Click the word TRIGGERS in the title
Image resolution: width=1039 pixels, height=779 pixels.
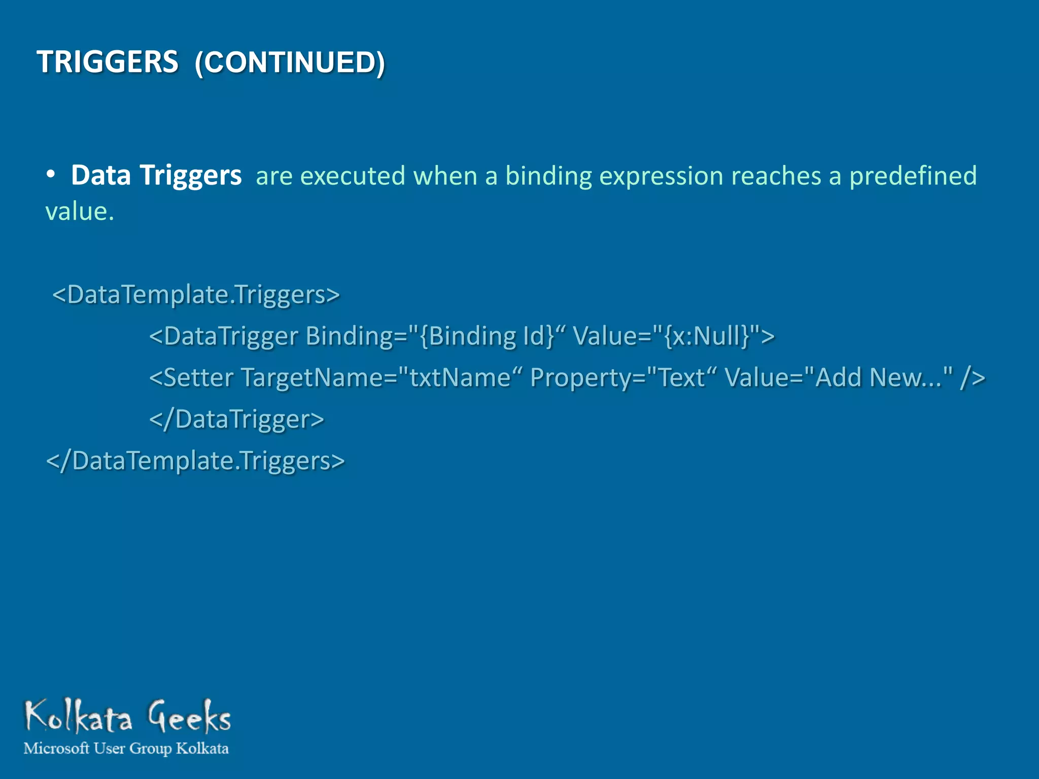108,62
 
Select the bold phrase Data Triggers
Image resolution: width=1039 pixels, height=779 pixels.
156,175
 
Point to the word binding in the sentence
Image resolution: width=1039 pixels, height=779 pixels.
548,176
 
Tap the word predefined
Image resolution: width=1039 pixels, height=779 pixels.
913,176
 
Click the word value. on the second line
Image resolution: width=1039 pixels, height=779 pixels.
79,211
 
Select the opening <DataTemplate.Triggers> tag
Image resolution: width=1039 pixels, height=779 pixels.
196,294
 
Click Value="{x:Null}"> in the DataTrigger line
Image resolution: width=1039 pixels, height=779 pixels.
673,336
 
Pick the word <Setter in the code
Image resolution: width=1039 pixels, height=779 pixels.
191,377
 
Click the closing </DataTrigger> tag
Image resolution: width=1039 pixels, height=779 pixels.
236,419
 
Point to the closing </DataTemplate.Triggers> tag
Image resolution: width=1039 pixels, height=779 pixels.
195,461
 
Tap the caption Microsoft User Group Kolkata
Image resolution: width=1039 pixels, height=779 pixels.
126,749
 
